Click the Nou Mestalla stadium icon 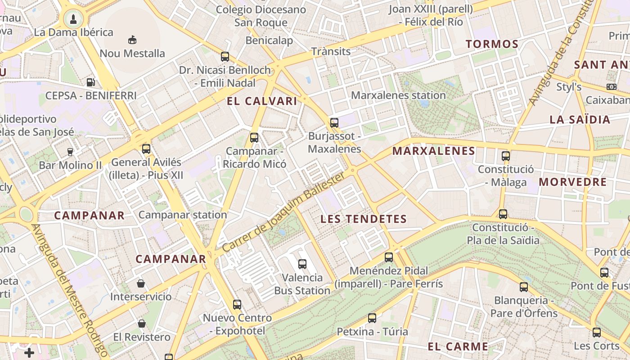[x=132, y=40]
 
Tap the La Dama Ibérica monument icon [x=73, y=19]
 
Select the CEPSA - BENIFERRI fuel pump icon [x=90, y=82]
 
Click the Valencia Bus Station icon [x=302, y=264]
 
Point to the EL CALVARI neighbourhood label [x=262, y=101]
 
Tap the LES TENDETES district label [x=364, y=219]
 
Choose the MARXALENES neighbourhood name [x=434, y=151]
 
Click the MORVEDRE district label [x=573, y=182]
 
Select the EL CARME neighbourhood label [x=458, y=346]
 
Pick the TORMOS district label [x=492, y=44]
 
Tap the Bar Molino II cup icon [x=70, y=152]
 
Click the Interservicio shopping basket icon [x=141, y=283]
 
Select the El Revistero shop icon [x=142, y=323]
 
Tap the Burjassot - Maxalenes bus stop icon [x=334, y=122]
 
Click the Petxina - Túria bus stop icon [x=372, y=318]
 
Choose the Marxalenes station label [x=398, y=95]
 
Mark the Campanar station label [x=183, y=215]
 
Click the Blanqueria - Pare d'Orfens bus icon [x=523, y=287]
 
